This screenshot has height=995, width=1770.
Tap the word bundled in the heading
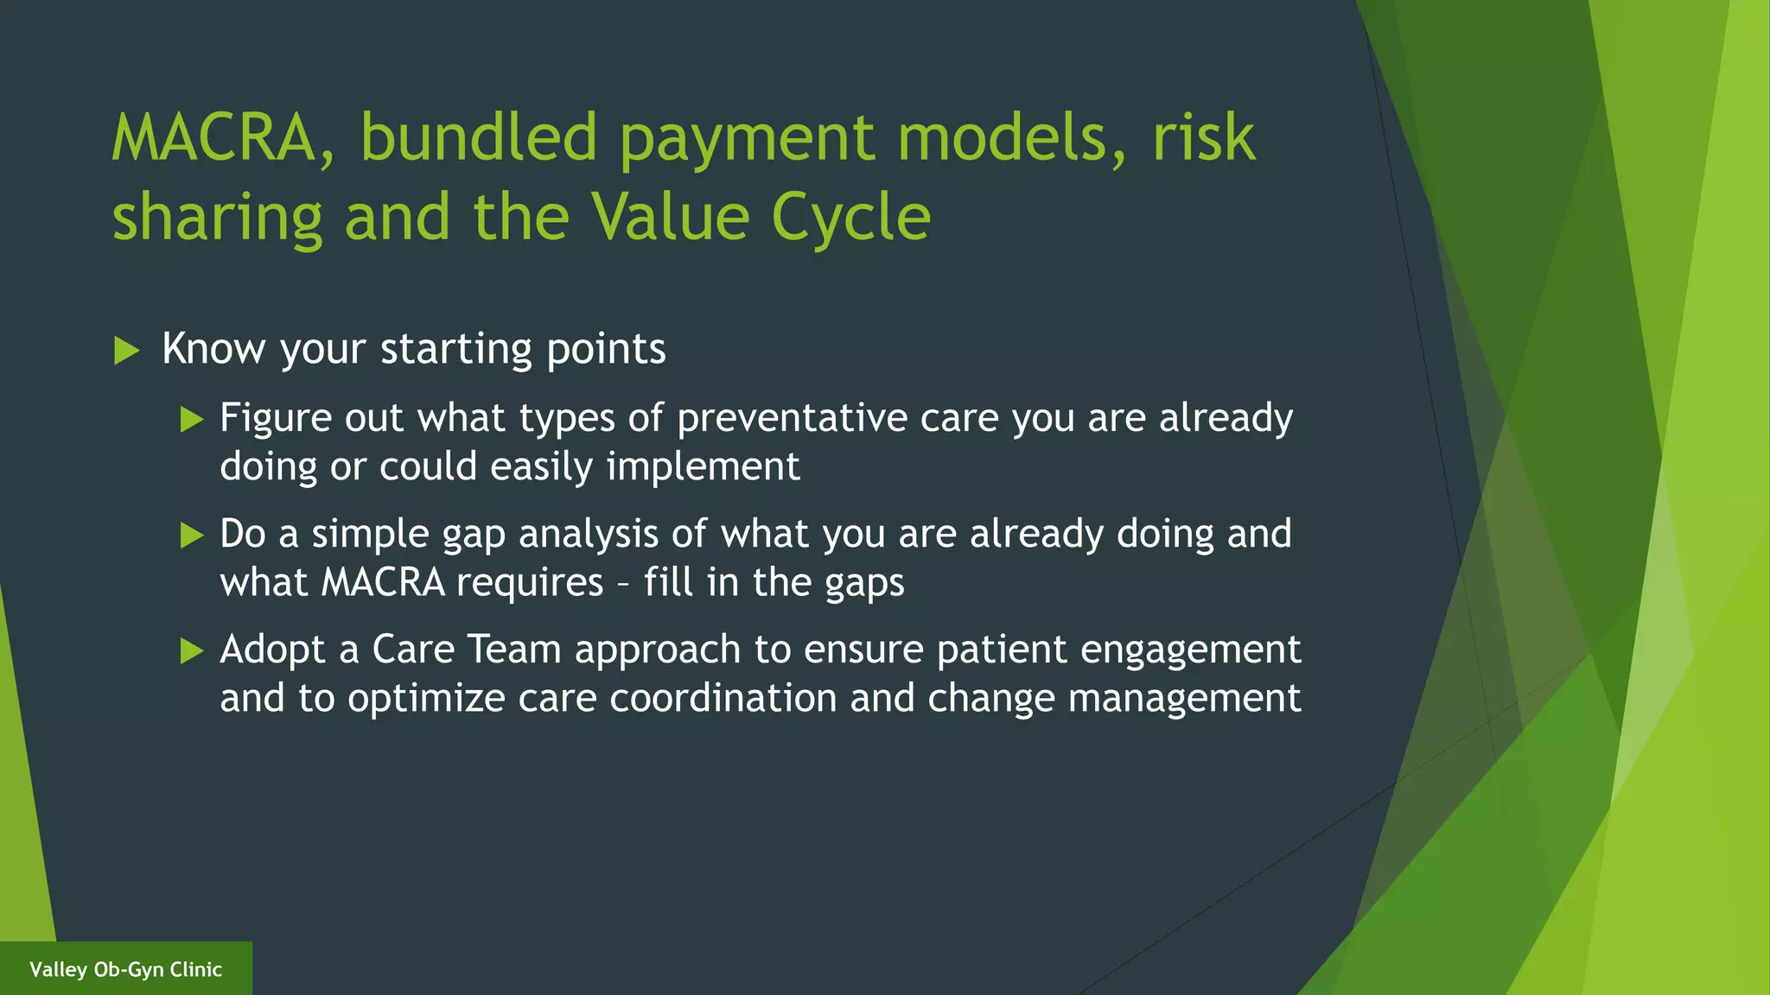479,138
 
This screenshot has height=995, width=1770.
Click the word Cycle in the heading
850,218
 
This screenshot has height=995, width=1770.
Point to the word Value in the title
671,218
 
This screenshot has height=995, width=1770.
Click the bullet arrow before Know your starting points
126,351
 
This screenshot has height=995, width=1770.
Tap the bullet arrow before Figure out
192,421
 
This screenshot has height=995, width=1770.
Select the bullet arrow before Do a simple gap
192,536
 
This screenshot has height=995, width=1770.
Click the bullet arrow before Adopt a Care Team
192,651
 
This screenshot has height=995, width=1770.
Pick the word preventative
792,419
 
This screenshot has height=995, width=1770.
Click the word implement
703,467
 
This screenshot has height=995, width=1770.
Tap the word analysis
589,535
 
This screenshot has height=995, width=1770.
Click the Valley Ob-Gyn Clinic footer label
125,969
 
